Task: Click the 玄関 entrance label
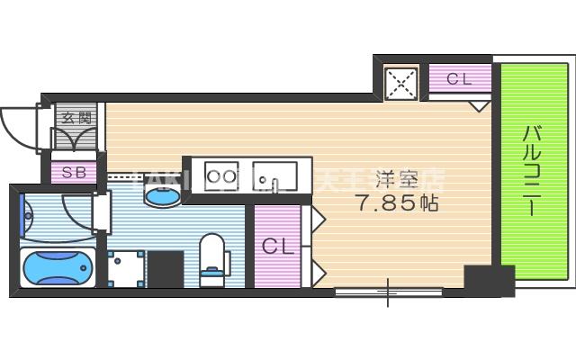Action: click(x=73, y=117)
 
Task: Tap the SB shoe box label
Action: click(x=73, y=171)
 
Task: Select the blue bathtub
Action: click(x=57, y=266)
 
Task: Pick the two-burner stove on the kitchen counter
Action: click(x=221, y=176)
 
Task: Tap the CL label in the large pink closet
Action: click(x=278, y=246)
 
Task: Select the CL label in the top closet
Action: click(x=459, y=79)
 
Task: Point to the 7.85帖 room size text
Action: click(x=397, y=204)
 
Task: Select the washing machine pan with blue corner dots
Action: click(x=127, y=268)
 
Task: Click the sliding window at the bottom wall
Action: click(x=389, y=291)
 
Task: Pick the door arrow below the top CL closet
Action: click(x=480, y=105)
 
